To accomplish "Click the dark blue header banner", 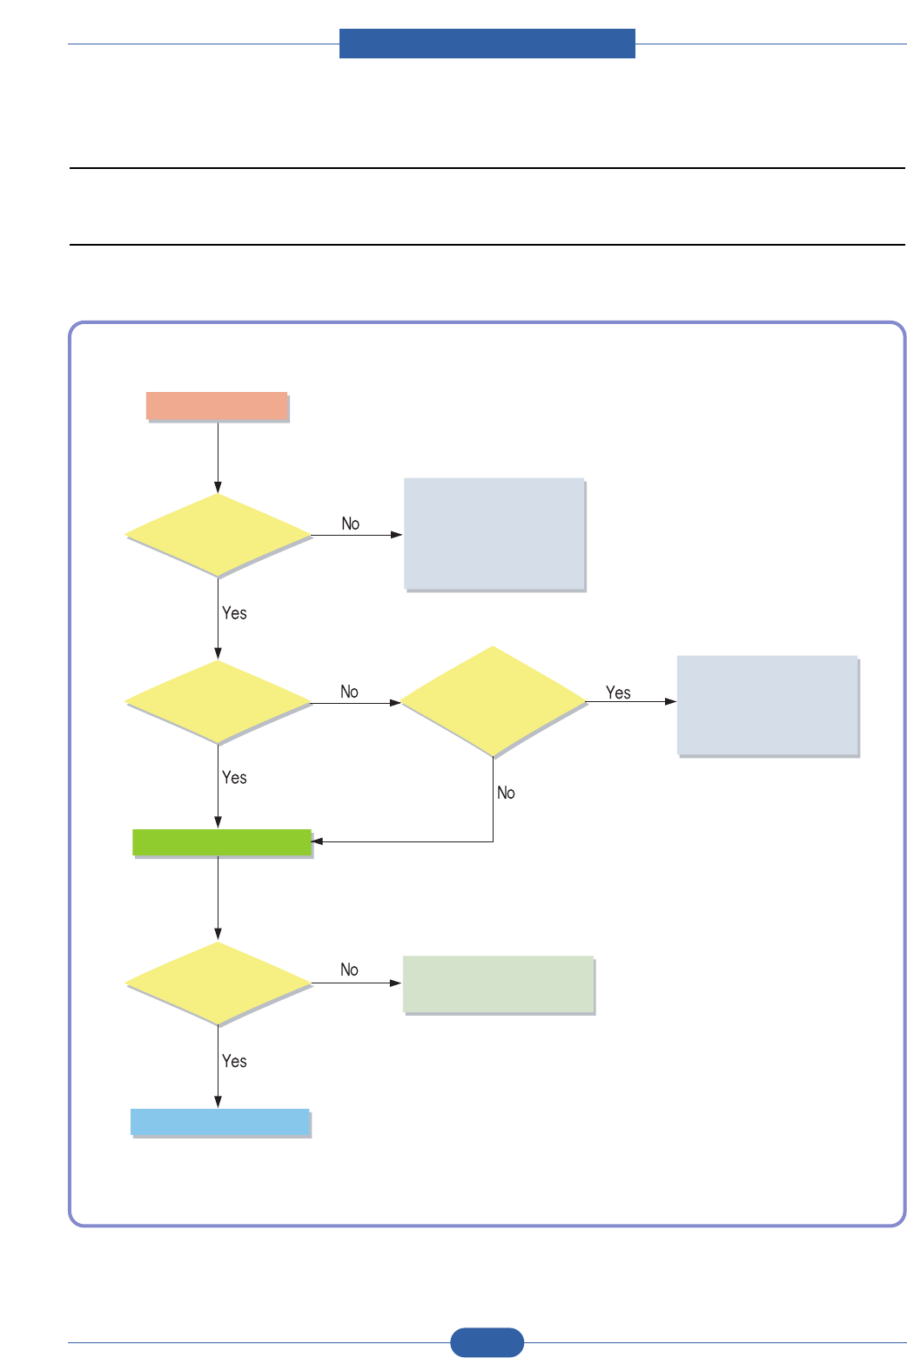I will coord(487,44).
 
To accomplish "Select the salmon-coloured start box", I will coord(217,407).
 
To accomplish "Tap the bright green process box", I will coord(222,842).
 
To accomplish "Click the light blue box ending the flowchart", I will coord(220,1122).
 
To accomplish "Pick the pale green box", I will coord(498,984).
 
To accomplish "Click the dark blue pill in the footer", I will coord(487,1342).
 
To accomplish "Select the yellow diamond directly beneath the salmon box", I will coord(218,535).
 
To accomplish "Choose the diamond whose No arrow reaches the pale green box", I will coord(218,983).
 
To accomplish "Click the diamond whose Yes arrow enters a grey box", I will coord(493,701).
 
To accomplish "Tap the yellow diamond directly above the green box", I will coord(218,701).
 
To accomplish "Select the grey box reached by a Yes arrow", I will coord(768,705).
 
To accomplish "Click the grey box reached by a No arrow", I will coord(494,534).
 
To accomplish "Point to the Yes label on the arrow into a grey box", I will coord(618,693).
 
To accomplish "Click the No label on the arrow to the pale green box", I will coord(349,970).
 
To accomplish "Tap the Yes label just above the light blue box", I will coord(234,1061).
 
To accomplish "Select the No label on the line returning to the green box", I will coord(506,793).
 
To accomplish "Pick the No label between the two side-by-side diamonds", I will coord(349,692).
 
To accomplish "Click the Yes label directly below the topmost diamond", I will coord(234,613).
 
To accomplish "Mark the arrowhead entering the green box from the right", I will coord(317,841).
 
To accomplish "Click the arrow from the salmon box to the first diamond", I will coord(218,458).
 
